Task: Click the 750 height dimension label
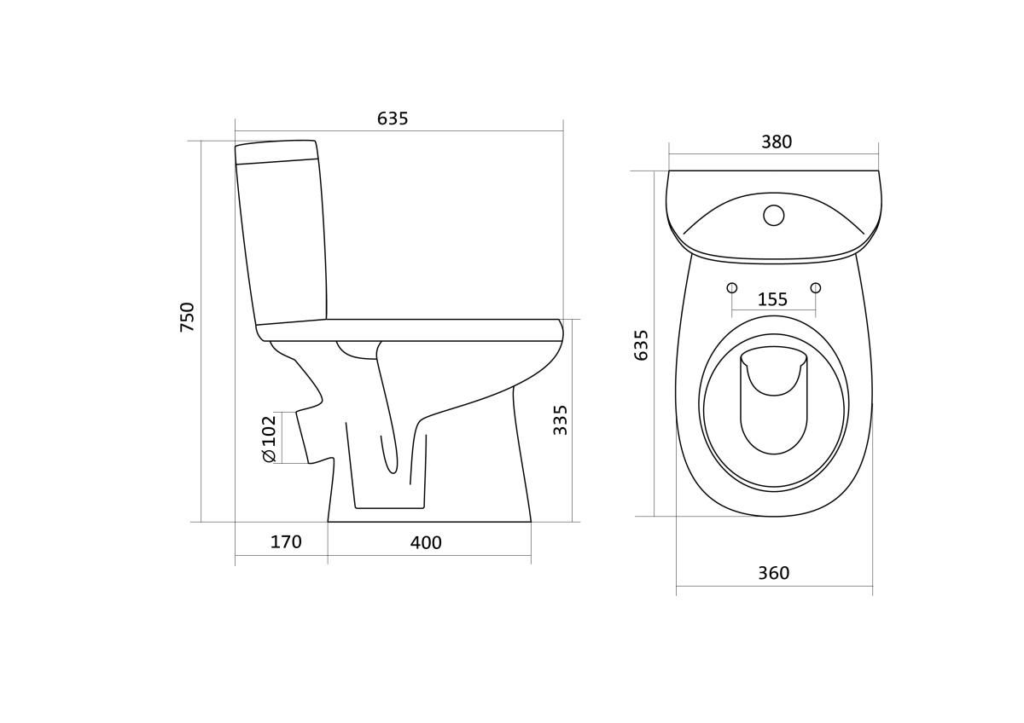point(188,317)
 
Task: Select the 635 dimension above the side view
point(393,119)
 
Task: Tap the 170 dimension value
point(286,542)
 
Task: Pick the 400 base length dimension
point(426,542)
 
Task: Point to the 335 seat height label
point(560,420)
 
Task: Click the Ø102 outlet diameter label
point(270,438)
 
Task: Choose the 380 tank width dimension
point(777,142)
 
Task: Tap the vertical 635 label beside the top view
point(642,345)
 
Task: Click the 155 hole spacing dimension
point(772,299)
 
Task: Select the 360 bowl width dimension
point(773,573)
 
